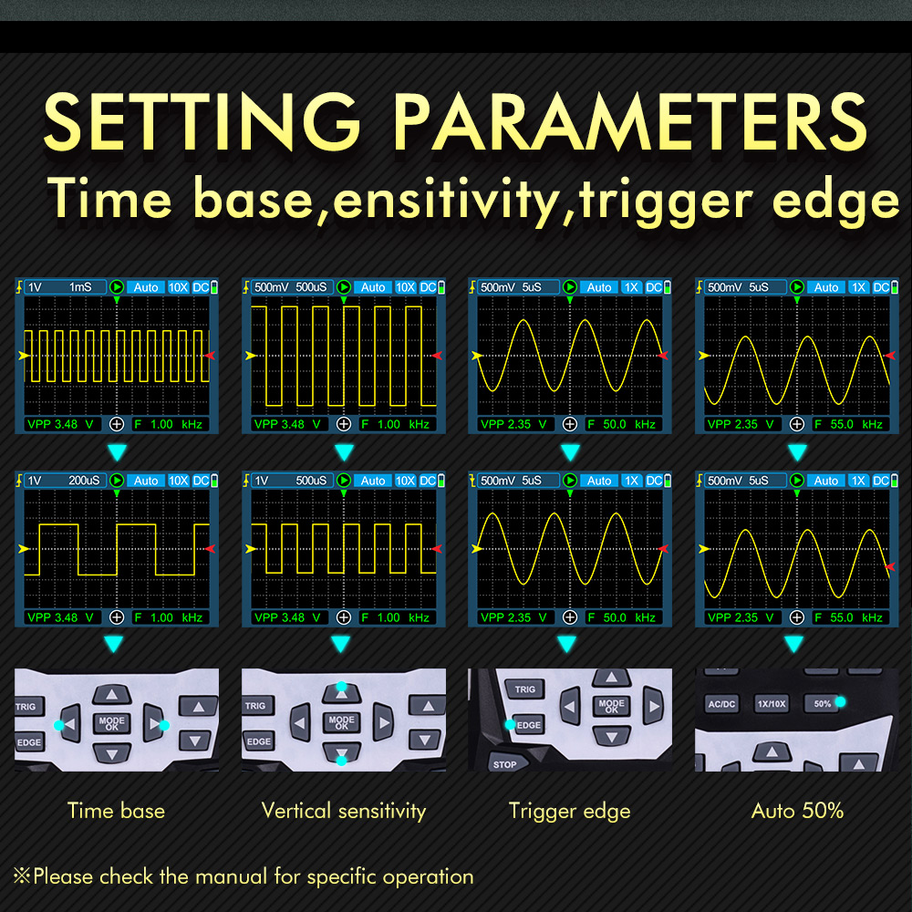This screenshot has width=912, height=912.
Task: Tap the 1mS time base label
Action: (80, 287)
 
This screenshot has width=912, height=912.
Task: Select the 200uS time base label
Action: (84, 481)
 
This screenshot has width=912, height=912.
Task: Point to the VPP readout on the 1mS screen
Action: (60, 424)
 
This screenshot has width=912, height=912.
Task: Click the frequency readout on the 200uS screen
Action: (168, 617)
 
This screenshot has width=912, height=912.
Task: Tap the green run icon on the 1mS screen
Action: (117, 286)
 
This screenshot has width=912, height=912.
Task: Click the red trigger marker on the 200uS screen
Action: (210, 548)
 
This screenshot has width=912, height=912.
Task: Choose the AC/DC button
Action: (721, 704)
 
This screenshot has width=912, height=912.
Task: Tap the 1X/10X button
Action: (772, 704)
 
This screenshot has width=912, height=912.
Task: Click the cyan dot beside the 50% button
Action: (840, 702)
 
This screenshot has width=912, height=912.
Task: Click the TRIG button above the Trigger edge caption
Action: (524, 689)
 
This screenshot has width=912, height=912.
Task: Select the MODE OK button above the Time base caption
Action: (111, 723)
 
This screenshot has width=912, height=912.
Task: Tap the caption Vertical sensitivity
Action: (344, 811)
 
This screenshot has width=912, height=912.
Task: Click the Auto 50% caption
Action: (797, 811)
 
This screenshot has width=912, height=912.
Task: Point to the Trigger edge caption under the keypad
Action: (569, 812)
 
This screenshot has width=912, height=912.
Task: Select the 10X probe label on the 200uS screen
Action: (179, 481)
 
